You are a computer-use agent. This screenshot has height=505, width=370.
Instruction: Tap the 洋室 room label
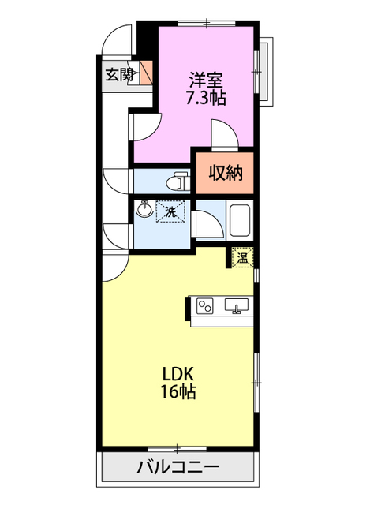click(x=206, y=80)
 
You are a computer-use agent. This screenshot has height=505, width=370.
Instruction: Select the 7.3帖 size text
click(x=206, y=98)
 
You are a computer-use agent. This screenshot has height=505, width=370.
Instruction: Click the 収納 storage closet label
click(x=226, y=174)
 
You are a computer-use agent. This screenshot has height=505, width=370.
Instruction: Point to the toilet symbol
click(x=178, y=181)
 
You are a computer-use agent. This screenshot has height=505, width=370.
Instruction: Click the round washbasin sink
click(x=144, y=209)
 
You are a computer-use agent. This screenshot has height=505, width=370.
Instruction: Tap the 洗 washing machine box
click(x=170, y=211)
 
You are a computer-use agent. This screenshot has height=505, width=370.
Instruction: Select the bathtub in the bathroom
click(x=240, y=220)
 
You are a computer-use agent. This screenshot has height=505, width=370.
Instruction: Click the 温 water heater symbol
click(x=242, y=257)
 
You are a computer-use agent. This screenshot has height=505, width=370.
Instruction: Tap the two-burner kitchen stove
click(x=205, y=306)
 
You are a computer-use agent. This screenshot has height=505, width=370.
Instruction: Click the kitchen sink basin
click(x=237, y=305)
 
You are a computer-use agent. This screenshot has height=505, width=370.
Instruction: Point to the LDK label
click(x=178, y=374)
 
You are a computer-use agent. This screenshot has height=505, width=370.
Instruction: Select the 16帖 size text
click(x=178, y=391)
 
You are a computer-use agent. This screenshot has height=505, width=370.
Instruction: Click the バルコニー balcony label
click(x=178, y=466)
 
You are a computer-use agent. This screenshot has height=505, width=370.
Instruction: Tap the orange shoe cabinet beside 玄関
click(x=145, y=73)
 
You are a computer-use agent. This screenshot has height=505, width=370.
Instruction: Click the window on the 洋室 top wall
click(x=207, y=23)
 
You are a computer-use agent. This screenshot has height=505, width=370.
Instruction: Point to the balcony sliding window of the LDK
click(x=177, y=448)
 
